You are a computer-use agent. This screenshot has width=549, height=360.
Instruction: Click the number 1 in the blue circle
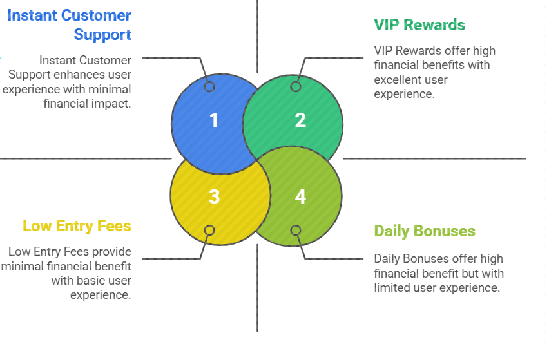click(x=214, y=120)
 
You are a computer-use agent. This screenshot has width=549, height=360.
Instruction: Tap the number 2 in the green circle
click(x=300, y=120)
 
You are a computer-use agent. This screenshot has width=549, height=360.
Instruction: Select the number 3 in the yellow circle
click(x=214, y=196)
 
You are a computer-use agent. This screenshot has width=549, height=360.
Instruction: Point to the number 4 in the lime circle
click(x=300, y=196)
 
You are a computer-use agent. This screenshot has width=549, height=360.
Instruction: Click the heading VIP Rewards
click(x=419, y=25)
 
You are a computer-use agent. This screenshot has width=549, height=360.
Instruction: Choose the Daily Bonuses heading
click(x=425, y=231)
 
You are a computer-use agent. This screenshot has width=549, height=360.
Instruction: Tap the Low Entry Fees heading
click(x=77, y=226)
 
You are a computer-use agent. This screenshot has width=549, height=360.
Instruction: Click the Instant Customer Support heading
click(x=69, y=24)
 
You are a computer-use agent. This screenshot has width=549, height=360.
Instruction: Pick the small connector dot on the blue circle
click(x=209, y=87)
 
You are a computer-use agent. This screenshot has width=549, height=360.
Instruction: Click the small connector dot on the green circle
click(x=296, y=87)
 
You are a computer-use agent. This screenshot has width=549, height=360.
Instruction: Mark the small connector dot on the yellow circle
click(x=209, y=230)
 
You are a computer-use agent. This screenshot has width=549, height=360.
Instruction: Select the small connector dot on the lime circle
click(x=296, y=230)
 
